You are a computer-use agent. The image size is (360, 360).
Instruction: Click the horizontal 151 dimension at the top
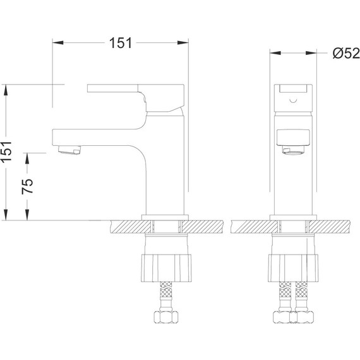120,42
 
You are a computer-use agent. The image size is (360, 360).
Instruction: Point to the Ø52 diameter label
346,54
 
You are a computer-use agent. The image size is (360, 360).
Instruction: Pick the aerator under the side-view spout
69,150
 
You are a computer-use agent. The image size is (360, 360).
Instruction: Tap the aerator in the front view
292,150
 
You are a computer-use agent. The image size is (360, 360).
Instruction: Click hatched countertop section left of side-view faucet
126,225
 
